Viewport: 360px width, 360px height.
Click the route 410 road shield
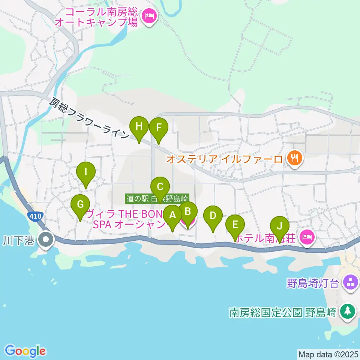[x=35, y=216]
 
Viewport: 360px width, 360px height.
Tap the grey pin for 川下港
[x=46, y=239]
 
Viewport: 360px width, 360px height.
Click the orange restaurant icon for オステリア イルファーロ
[x=295, y=159]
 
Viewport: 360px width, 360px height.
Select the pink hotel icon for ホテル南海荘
[x=307, y=237]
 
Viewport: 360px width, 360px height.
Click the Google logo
[x=25, y=351]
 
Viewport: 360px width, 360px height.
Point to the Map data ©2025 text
[x=328, y=354]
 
